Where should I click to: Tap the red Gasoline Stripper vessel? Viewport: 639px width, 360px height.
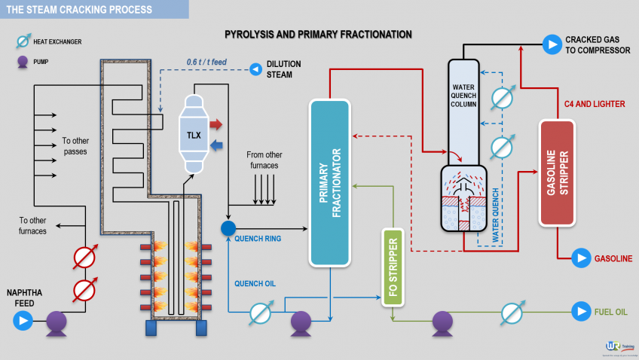tap(557, 172)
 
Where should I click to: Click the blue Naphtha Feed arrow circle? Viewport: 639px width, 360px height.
tap(23, 322)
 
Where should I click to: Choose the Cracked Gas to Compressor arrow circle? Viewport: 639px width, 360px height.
tap(552, 44)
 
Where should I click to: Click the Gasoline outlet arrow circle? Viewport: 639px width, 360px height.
tap(580, 258)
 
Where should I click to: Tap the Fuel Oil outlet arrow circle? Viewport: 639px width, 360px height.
tap(580, 310)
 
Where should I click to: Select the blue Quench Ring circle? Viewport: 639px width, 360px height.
tap(228, 227)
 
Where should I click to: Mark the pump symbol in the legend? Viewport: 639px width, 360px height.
tap(23, 63)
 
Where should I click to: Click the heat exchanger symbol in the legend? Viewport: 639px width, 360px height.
tap(23, 41)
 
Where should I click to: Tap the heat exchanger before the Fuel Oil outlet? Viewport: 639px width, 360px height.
tap(512, 311)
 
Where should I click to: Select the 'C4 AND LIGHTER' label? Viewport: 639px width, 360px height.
tap(595, 104)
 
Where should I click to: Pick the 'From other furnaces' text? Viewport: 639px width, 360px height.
tap(264, 160)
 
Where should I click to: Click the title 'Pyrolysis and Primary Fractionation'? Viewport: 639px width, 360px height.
tap(318, 35)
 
